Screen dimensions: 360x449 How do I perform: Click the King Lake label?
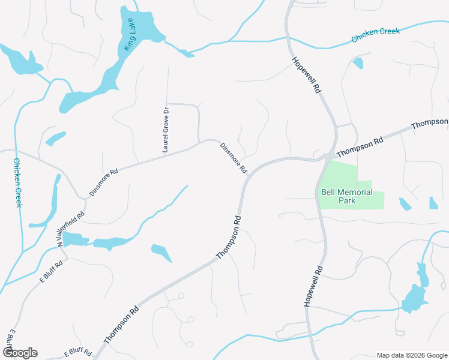pyautogui.click(x=128, y=35)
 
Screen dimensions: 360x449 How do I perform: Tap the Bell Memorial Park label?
pyautogui.click(x=347, y=196)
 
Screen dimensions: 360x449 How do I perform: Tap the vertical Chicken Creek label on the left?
pyautogui.click(x=18, y=183)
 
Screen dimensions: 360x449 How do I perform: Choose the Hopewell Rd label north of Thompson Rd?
pyautogui.click(x=307, y=74)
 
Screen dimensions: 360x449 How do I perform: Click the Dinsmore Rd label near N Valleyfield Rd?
pyautogui.click(x=104, y=182)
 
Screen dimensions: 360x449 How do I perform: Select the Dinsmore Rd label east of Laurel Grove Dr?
pyautogui.click(x=234, y=158)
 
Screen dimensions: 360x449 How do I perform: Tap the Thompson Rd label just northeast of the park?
pyautogui.click(x=360, y=147)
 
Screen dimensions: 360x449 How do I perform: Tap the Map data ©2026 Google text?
pyautogui.click(x=412, y=355)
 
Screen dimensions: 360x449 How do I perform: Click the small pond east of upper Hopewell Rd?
pyautogui.click(x=358, y=62)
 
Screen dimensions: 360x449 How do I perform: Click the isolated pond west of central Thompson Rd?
pyautogui.click(x=161, y=252)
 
